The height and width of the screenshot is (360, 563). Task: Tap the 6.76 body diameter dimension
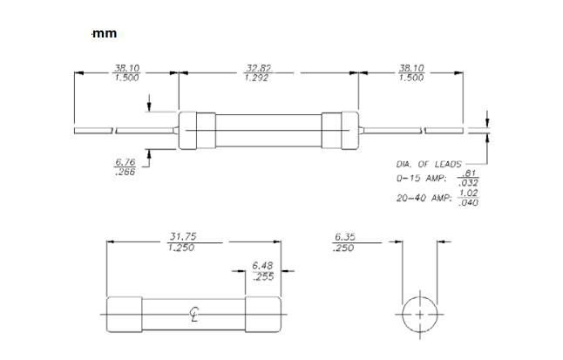pyautogui.click(x=124, y=161)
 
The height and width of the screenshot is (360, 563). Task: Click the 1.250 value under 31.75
pyautogui.click(x=180, y=248)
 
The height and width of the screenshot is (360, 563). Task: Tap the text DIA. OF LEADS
pyautogui.click(x=429, y=164)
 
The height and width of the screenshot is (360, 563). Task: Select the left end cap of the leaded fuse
pyautogui.click(x=195, y=130)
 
